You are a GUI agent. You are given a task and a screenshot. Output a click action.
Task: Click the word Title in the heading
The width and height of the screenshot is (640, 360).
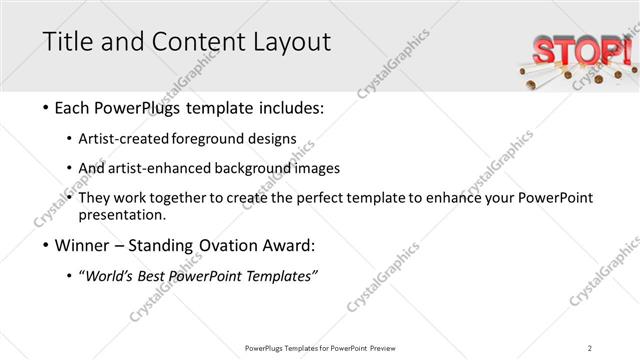[x=66, y=43]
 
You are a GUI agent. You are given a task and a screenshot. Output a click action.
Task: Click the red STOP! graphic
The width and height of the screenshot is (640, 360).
[x=579, y=50]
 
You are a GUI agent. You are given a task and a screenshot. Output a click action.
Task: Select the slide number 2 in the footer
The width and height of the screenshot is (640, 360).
[x=589, y=347]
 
